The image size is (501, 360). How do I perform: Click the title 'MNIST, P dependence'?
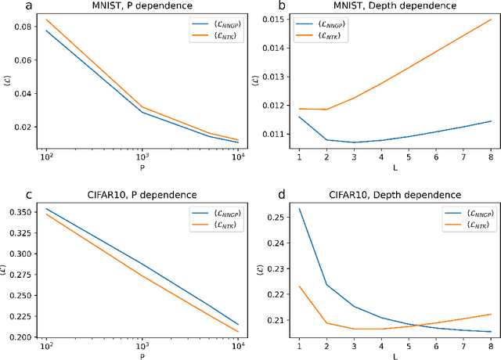click(143, 6)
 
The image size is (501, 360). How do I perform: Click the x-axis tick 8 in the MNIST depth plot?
click(490, 159)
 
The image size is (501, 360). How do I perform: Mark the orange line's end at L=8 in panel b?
click(490, 20)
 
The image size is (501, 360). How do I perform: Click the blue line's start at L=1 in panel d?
click(299, 209)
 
